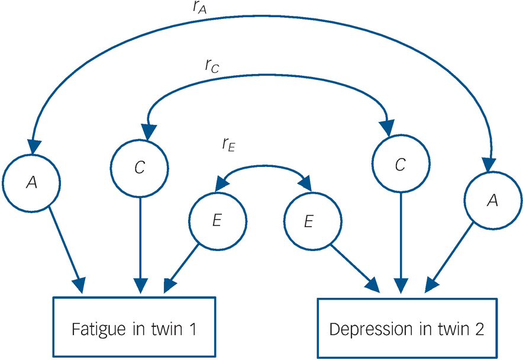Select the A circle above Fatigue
tap(30, 184)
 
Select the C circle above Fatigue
tap(139, 168)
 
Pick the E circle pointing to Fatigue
tap(217, 221)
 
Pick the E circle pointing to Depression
tap(308, 221)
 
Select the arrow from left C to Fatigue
tap(140, 243)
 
